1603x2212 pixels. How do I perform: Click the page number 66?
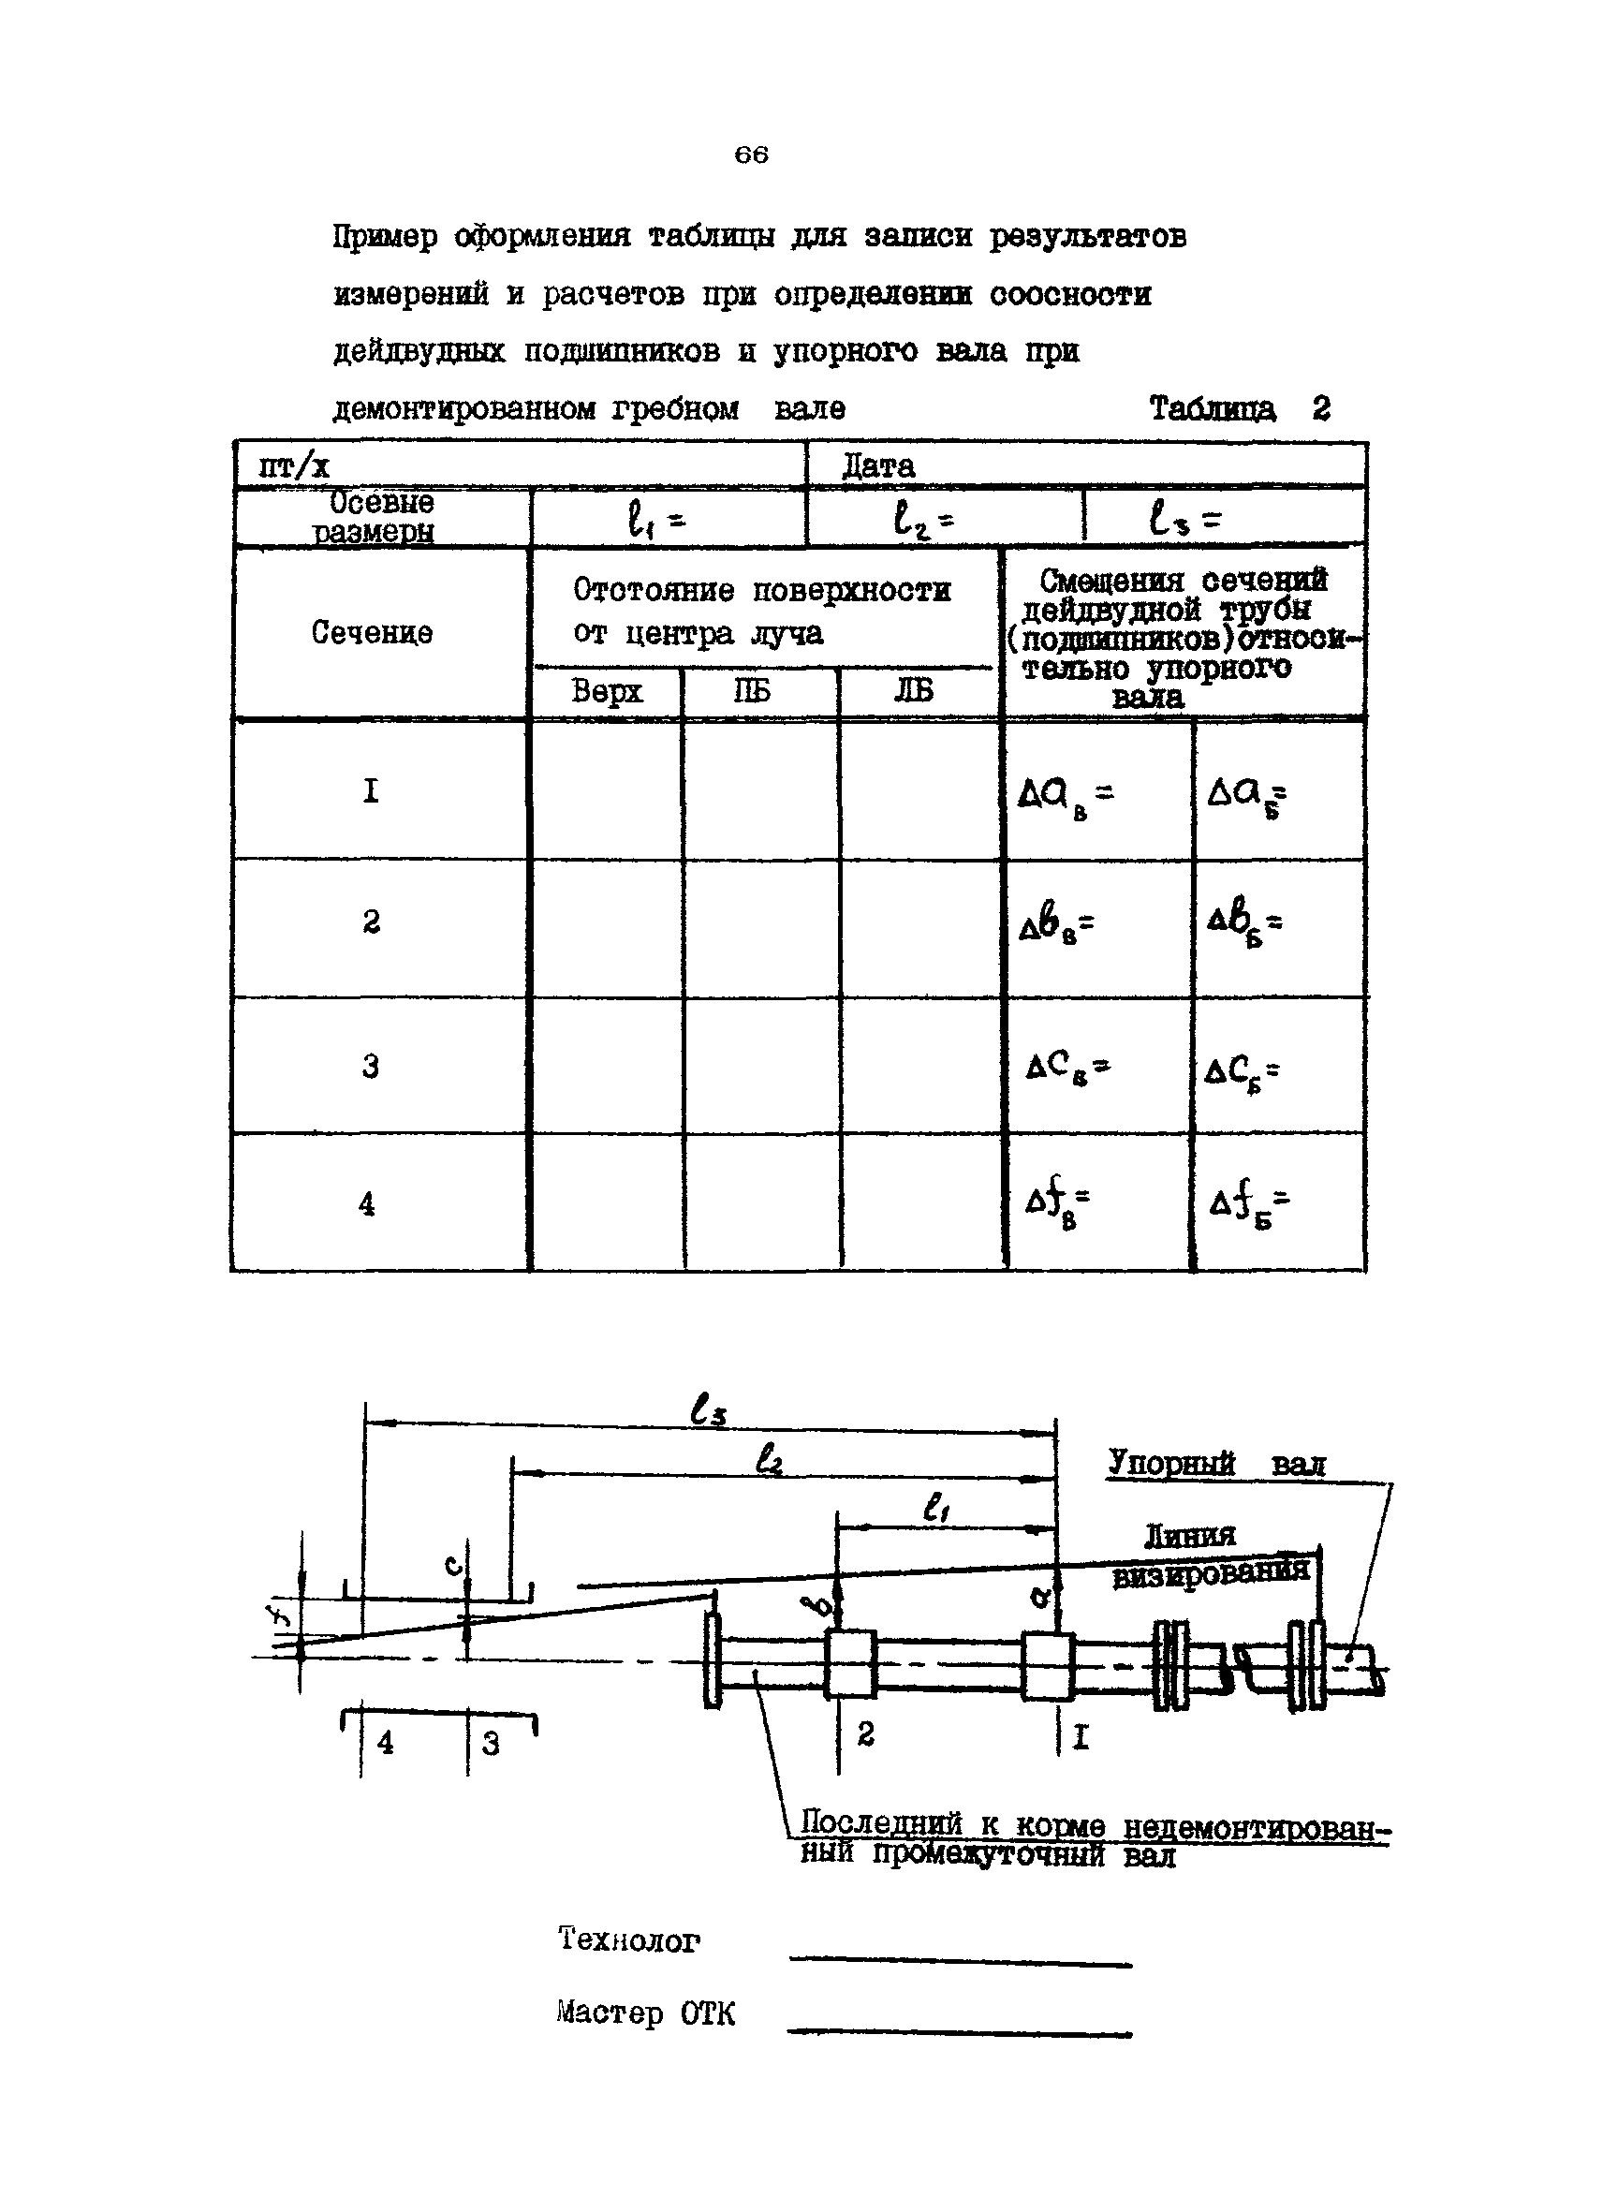coord(751,155)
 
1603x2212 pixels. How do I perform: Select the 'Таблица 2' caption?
coord(1239,407)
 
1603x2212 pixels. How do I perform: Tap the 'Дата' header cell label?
coord(877,466)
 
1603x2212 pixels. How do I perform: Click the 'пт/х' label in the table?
coord(293,466)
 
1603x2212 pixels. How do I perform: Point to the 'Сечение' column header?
coord(372,633)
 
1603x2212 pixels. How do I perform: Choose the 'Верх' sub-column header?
coord(607,691)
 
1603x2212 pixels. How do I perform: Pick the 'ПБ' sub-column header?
coord(751,691)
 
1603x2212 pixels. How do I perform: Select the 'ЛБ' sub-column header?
coord(913,691)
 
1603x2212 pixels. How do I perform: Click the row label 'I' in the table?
coord(371,790)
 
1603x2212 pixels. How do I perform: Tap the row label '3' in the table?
coord(371,1066)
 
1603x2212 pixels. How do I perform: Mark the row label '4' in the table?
coord(367,1204)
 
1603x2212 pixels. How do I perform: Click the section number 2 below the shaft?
coord(865,1733)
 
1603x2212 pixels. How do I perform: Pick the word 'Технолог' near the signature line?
coord(629,1940)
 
